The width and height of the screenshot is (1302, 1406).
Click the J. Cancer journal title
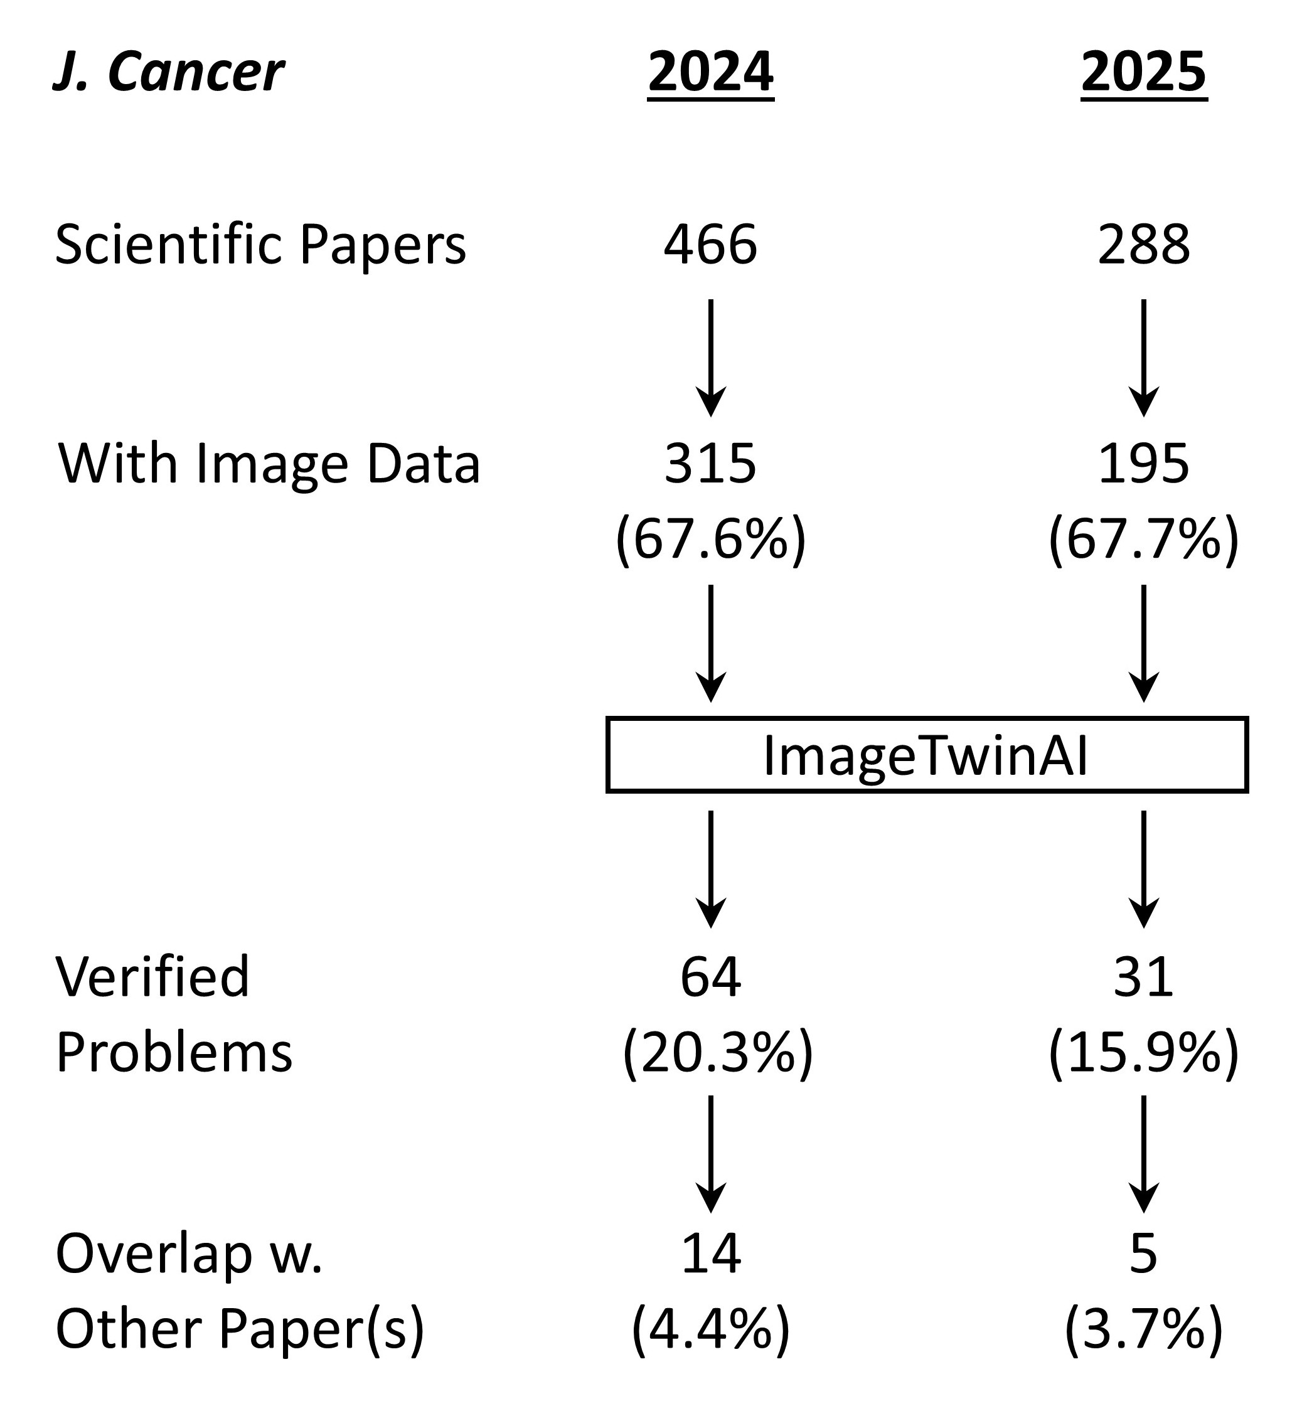(x=169, y=72)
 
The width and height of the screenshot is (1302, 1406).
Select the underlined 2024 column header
(x=710, y=72)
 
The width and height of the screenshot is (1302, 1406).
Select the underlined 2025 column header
(x=1143, y=72)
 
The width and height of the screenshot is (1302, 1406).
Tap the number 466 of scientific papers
(x=710, y=245)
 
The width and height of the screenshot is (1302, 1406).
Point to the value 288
(x=1143, y=245)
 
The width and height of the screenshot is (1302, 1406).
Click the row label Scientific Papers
(x=260, y=245)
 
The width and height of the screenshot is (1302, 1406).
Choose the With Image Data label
(x=269, y=464)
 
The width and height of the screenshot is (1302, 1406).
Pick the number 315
(x=710, y=464)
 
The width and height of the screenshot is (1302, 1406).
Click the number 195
(x=1143, y=464)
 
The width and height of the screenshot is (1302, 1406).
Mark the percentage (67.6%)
(x=710, y=540)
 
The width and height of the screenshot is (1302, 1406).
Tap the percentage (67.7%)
(x=1143, y=540)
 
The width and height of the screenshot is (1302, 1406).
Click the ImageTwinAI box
(x=927, y=755)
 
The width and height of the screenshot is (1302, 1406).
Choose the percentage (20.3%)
(x=717, y=1053)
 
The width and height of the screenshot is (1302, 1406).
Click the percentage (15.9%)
(x=1143, y=1053)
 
